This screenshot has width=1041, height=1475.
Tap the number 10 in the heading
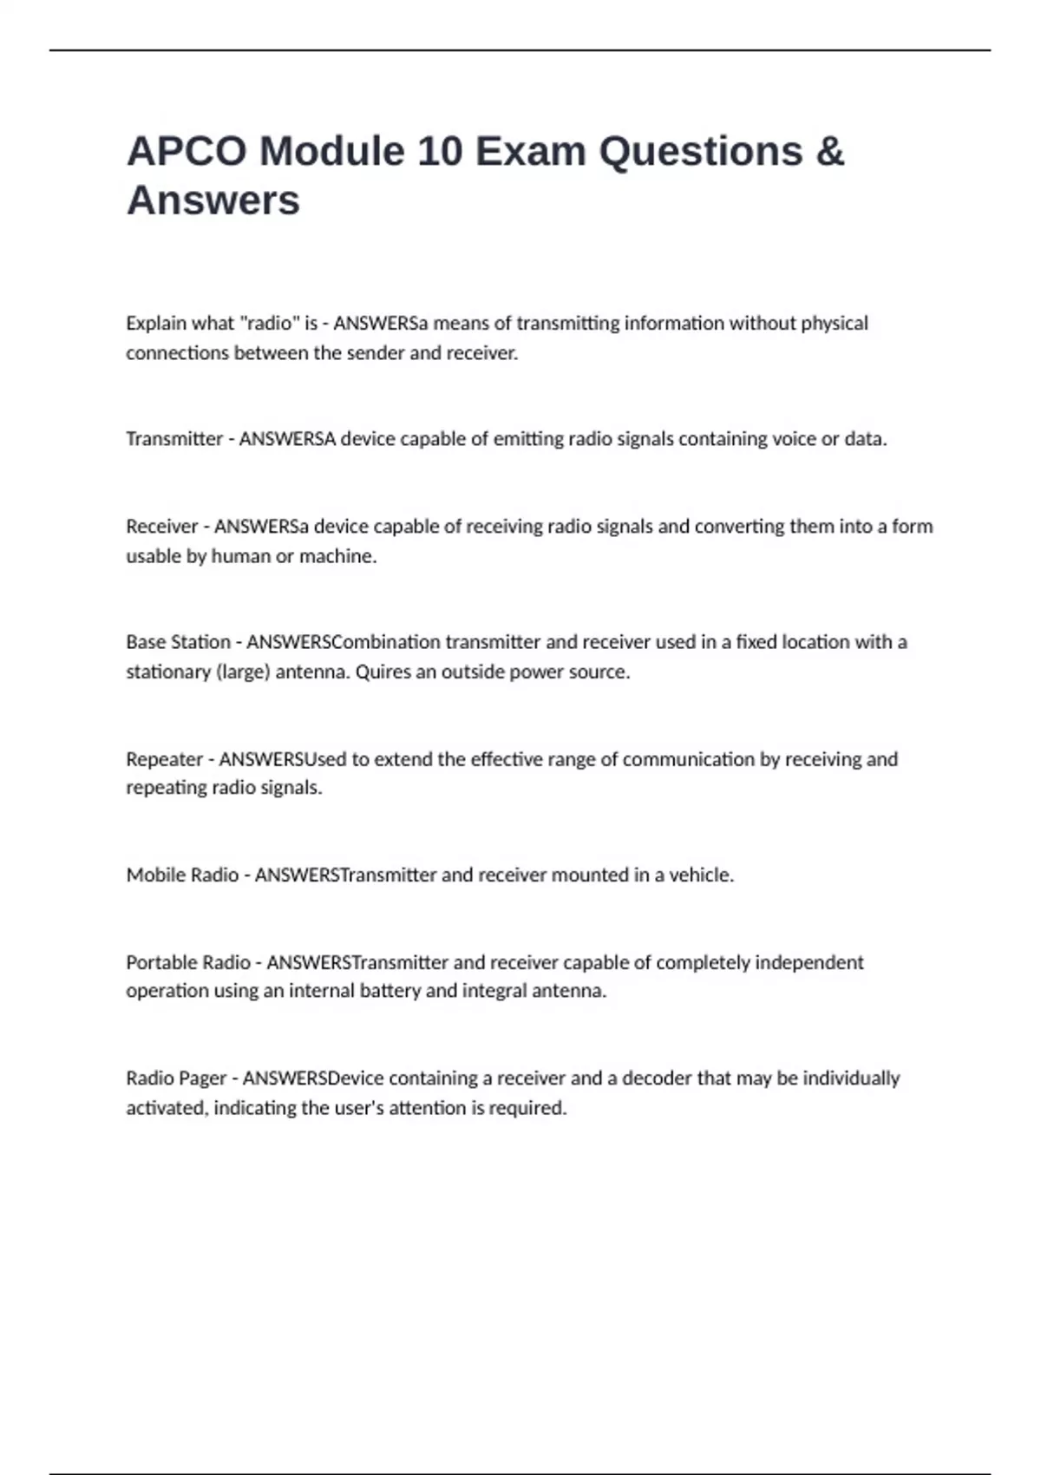pyautogui.click(x=440, y=151)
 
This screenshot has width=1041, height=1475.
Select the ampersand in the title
pyautogui.click(x=829, y=151)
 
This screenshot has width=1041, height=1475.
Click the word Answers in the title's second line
pyautogui.click(x=213, y=200)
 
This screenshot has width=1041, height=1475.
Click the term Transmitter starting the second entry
pyautogui.click(x=174, y=439)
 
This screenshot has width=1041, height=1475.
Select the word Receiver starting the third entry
pyautogui.click(x=162, y=527)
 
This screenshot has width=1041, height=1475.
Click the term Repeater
pyautogui.click(x=164, y=759)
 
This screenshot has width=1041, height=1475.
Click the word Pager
pyautogui.click(x=201, y=1078)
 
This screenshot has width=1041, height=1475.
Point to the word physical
pyautogui.click(x=834, y=324)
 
